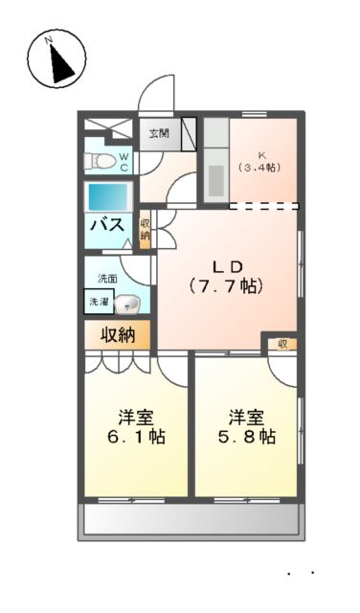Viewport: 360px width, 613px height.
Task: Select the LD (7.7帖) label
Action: (226, 276)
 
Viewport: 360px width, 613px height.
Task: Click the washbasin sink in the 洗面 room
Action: (128, 305)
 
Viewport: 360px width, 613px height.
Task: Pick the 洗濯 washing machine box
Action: (100, 302)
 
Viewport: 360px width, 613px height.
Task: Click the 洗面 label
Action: (106, 279)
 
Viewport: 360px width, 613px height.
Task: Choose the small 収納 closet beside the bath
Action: (146, 230)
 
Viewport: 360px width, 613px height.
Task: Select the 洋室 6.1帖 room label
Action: (136, 427)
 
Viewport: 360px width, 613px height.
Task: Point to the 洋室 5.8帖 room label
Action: (247, 427)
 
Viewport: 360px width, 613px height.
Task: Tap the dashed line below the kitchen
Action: (264, 206)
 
